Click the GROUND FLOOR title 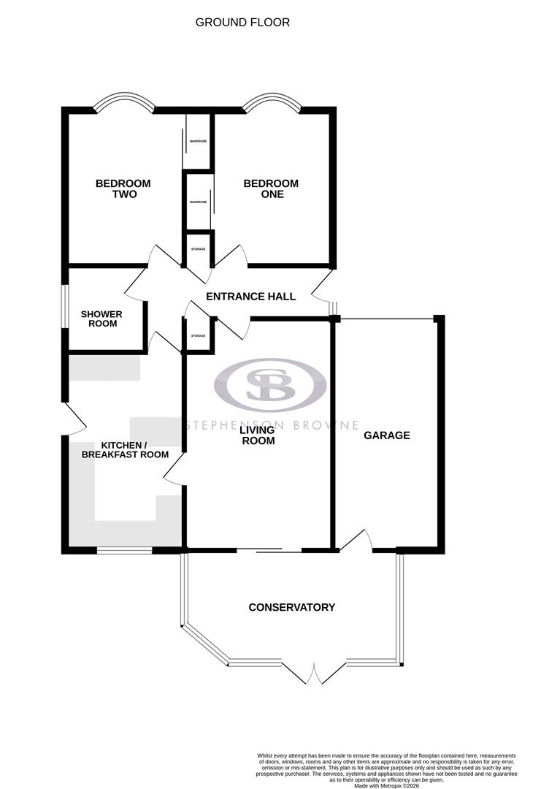tap(242, 23)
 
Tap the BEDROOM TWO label tap(123, 188)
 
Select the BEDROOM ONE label tap(271, 188)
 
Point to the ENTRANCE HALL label tap(250, 297)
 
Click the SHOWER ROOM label tap(101, 319)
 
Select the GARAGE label tap(387, 435)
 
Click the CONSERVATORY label tap(291, 608)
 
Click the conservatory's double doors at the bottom tap(315, 674)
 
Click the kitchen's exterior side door tap(73, 419)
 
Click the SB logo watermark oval tap(269, 384)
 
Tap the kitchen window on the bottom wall tap(124, 549)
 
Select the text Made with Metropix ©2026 tap(386, 785)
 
